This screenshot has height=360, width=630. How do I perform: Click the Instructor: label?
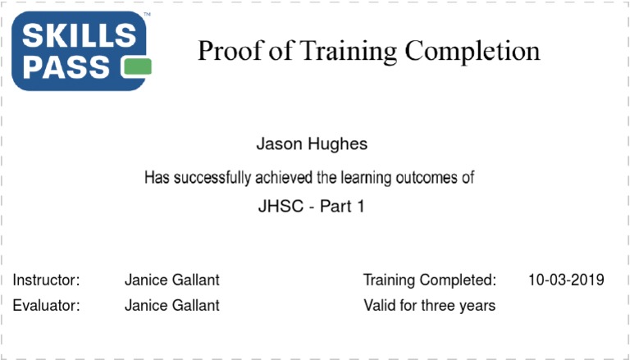[46, 280]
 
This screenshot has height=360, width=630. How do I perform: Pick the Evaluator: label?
[47, 306]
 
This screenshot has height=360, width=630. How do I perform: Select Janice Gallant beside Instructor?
[171, 280]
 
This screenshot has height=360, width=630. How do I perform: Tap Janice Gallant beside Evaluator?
[171, 306]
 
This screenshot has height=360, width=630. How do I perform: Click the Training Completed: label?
[430, 280]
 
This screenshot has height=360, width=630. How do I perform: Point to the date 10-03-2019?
[567, 280]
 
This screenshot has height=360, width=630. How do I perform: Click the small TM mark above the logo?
[147, 16]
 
